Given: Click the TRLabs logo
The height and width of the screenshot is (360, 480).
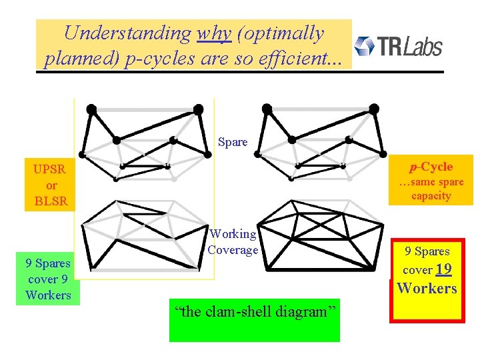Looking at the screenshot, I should coord(398,46).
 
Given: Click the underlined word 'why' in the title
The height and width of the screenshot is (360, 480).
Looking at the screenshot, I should coord(214,33).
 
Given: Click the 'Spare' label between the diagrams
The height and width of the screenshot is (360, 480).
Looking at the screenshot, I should coord(233,142).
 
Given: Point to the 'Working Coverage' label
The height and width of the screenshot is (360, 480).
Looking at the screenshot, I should coord(233,242).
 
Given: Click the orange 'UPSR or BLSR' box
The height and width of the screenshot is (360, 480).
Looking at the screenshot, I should coord(51,185).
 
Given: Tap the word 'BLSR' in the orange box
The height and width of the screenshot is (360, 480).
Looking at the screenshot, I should coord(51,201).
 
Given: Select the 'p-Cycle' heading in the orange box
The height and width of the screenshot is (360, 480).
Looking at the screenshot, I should coord(431,167).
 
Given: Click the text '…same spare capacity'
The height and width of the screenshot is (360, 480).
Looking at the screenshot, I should coord(431,189).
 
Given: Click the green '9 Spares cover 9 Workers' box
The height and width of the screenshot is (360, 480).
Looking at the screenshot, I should coord(48,279).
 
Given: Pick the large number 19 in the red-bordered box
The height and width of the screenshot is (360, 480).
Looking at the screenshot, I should coord(444,269).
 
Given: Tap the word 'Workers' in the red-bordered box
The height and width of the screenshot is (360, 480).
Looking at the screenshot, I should coord(427,288).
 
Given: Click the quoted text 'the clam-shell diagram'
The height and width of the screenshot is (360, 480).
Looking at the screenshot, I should coord(253,312).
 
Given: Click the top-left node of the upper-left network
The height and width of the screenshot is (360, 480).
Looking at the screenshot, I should coord(92,108).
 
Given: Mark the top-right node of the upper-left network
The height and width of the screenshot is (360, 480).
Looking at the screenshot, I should coord(198,108).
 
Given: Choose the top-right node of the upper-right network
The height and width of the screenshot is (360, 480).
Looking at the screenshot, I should coord(374,108).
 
